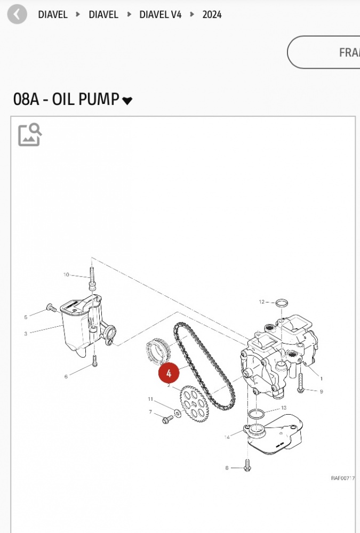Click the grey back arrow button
pyautogui.click(x=17, y=14)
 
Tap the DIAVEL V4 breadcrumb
pyautogui.click(x=160, y=14)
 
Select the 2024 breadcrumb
pyautogui.click(x=212, y=14)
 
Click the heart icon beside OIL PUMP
pyautogui.click(x=127, y=101)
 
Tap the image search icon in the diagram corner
pyautogui.click(x=30, y=135)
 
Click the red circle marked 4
pyautogui.click(x=169, y=373)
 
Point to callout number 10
pyautogui.click(x=66, y=274)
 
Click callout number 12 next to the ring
pyautogui.click(x=261, y=302)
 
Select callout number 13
pyautogui.click(x=284, y=408)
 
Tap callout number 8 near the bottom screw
pyautogui.click(x=227, y=468)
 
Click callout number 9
pyautogui.click(x=321, y=392)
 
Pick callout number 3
pyautogui.click(x=26, y=334)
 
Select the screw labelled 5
pyautogui.click(x=51, y=308)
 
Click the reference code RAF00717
pyautogui.click(x=342, y=478)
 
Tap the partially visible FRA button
pyautogui.click(x=324, y=52)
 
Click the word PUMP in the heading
pyautogui.click(x=98, y=99)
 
